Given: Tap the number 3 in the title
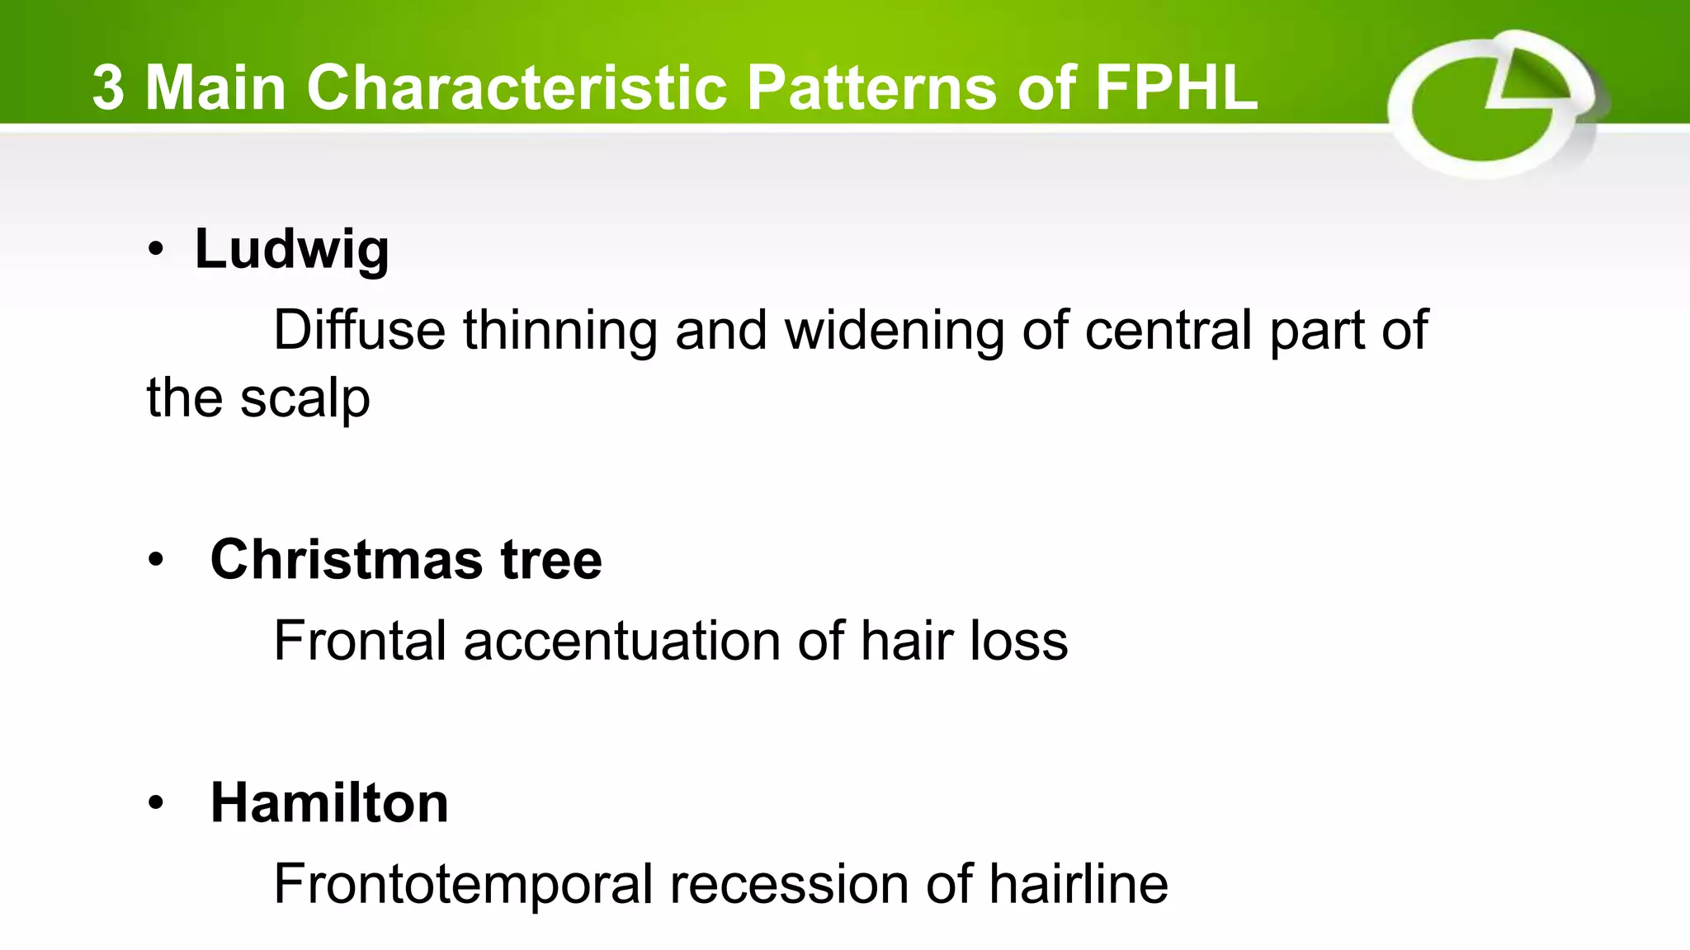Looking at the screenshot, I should pyautogui.click(x=108, y=87).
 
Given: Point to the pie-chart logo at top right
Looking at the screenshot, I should pyautogui.click(x=1493, y=105).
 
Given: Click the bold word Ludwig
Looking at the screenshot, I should pyautogui.click(x=291, y=248).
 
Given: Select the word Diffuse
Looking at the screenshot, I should pyautogui.click(x=359, y=330).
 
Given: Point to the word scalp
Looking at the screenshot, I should pyautogui.click(x=304, y=399).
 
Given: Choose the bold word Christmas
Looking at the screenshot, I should pyautogui.click(x=347, y=559).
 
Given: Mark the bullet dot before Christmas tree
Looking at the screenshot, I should pyautogui.click(x=157, y=561).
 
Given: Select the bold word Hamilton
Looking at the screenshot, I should pyautogui.click(x=329, y=802).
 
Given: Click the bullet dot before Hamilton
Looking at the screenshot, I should pyautogui.click(x=157, y=803).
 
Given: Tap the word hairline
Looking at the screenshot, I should pyautogui.click(x=1079, y=884).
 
